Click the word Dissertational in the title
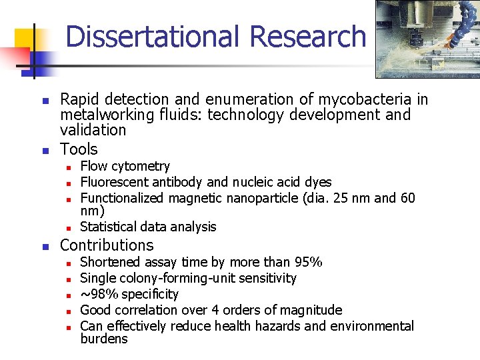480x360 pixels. (x=140, y=37)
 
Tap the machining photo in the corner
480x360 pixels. (x=426, y=39)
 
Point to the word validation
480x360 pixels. (x=93, y=130)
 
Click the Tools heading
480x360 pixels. (x=79, y=149)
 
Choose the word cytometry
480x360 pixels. (x=140, y=166)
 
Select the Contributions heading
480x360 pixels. (x=107, y=245)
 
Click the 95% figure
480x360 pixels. (x=307, y=262)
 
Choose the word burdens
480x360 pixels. (x=103, y=339)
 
